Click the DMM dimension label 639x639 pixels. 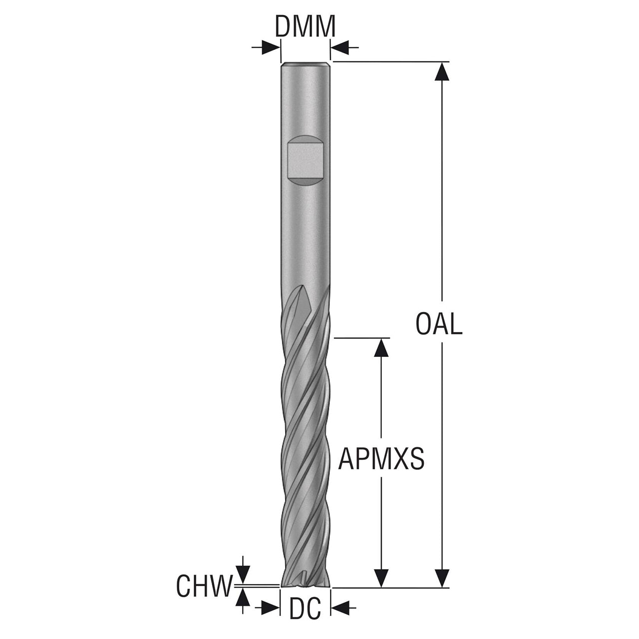[305, 26]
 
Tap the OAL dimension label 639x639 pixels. [439, 324]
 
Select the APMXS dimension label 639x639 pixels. [381, 459]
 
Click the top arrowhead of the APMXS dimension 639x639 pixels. [381, 347]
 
